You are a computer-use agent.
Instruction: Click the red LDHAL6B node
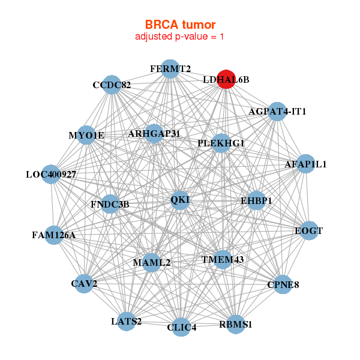point(226,79)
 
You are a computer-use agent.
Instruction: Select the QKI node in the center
point(180,200)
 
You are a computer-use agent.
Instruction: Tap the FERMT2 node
point(170,68)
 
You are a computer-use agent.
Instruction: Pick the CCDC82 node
point(112,85)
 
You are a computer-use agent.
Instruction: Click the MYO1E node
point(88,135)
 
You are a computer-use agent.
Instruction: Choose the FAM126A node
point(54,234)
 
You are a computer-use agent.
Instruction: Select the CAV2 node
point(85,283)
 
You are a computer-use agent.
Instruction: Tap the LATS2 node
point(127,321)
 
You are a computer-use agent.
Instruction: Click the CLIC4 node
point(181,327)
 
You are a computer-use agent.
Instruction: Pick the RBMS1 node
point(236,324)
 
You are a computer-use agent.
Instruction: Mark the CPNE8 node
point(282,284)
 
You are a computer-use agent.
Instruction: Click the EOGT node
point(308,230)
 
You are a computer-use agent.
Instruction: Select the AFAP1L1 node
point(305,164)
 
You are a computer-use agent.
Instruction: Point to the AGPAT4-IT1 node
point(277,111)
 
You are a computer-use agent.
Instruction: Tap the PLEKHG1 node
point(221,143)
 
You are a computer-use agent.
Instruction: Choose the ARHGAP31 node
point(154,133)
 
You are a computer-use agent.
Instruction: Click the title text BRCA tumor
point(180,25)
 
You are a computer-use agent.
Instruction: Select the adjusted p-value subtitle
point(180,37)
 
